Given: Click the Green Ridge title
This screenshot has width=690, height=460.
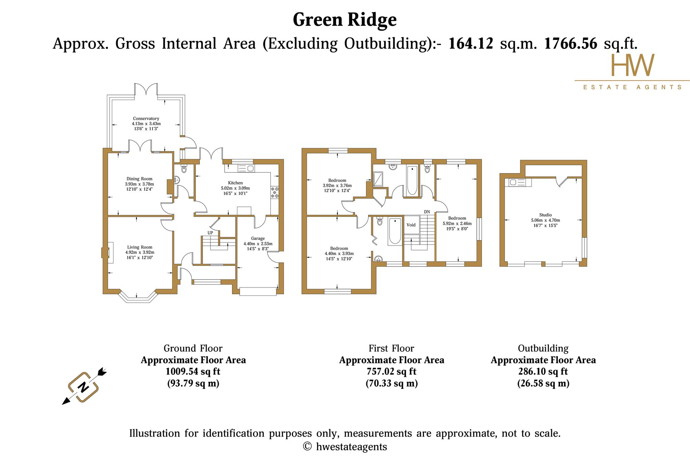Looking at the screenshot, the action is click(x=345, y=20).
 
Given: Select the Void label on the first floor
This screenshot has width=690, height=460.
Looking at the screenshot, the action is click(x=411, y=225).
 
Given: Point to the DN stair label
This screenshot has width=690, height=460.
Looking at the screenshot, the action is click(x=427, y=212).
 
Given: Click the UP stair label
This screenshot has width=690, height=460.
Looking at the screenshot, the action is click(x=210, y=233).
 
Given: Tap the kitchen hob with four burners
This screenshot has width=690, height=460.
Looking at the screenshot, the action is click(x=275, y=192).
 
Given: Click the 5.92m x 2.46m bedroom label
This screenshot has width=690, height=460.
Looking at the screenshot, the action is click(x=457, y=223).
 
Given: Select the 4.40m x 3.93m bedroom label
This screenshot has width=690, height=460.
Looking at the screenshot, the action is click(x=339, y=253).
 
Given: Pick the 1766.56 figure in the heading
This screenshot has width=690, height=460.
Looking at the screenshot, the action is click(x=571, y=44).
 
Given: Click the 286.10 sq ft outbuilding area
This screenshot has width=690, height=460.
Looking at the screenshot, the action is click(x=543, y=371).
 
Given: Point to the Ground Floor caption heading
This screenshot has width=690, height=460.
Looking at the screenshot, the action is click(x=193, y=348).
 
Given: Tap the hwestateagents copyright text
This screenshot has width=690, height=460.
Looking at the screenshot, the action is click(x=345, y=447).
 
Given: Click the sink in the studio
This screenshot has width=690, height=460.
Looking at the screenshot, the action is click(x=513, y=182).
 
